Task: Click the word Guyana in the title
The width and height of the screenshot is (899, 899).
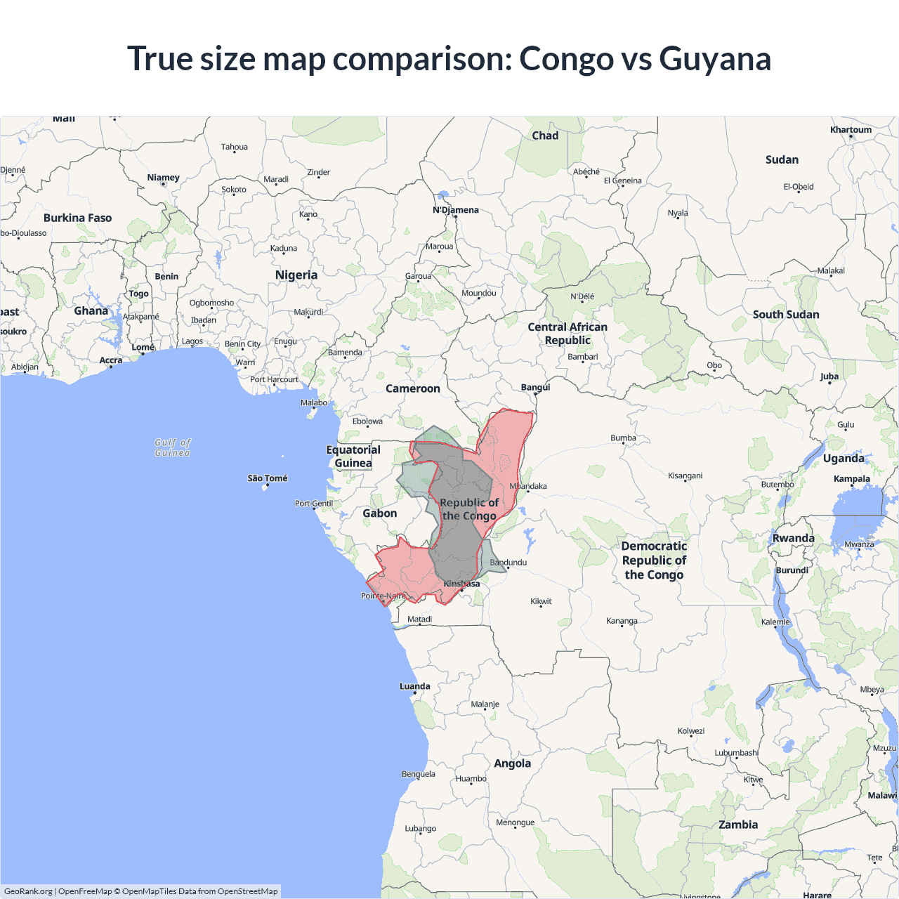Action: tap(715, 59)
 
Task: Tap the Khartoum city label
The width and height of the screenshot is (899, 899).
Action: tap(851, 130)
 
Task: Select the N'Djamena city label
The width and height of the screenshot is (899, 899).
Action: tap(455, 210)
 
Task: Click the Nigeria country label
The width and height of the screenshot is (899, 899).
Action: tap(296, 275)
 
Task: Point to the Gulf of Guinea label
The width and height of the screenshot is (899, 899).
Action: tap(173, 447)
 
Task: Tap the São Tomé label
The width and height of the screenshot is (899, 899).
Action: tap(268, 478)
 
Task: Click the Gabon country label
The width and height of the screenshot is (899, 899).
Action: tap(380, 513)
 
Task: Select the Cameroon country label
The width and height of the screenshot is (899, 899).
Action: tap(413, 388)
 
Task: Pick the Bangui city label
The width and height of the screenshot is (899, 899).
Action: tap(536, 387)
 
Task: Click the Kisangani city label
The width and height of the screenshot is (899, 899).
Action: tap(685, 475)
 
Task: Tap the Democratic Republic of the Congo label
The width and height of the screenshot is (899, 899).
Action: tap(654, 560)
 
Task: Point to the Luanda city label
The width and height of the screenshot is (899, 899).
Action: tap(415, 686)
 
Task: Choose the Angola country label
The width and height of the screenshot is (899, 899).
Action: tap(513, 763)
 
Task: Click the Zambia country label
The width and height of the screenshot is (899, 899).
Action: tap(738, 825)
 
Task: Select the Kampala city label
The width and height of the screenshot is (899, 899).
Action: tap(852, 479)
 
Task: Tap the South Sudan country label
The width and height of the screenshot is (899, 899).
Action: tap(786, 315)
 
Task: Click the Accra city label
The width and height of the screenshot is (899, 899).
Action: tap(111, 360)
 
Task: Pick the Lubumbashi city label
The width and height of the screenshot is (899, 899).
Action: tap(737, 753)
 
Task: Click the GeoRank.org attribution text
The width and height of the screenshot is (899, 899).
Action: tap(28, 891)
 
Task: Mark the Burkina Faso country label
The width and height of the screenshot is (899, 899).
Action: tap(78, 218)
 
